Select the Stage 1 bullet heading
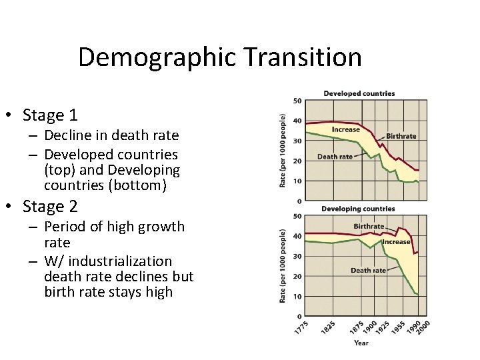(x=50, y=115)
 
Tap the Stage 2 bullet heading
(x=50, y=207)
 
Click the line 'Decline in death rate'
(x=111, y=135)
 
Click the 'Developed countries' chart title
(x=359, y=93)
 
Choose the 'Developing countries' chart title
(x=358, y=209)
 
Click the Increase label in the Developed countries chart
(x=346, y=129)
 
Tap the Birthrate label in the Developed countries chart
(x=401, y=136)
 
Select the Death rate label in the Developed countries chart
(x=335, y=157)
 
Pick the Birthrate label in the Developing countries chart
(x=369, y=227)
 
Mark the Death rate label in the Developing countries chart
(x=369, y=271)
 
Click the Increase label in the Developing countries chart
(x=396, y=242)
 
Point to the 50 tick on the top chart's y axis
(x=297, y=101)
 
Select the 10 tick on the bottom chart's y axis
(x=297, y=296)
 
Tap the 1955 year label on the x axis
(x=399, y=329)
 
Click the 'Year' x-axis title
(x=361, y=343)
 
